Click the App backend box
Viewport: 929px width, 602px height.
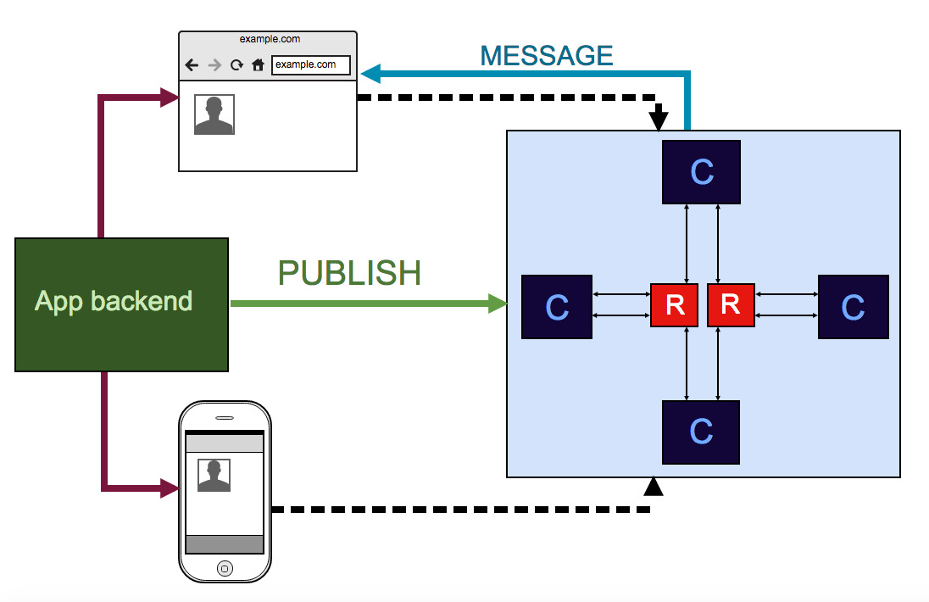pos(121,304)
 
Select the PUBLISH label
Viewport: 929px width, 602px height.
pos(349,273)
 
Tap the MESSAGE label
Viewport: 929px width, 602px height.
pos(546,56)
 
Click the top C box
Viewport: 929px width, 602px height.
pos(701,172)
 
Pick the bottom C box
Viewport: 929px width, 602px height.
pos(701,432)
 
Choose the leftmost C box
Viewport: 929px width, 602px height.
pos(557,307)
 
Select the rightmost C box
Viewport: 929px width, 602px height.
pos(853,307)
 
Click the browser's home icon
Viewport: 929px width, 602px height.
pos(258,64)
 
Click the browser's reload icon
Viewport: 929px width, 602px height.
pos(236,64)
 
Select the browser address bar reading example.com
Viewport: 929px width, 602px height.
pos(310,64)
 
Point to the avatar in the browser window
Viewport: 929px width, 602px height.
pos(214,114)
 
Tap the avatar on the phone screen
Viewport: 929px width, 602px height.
pos(214,476)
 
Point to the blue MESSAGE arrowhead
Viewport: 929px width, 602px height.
pos(370,75)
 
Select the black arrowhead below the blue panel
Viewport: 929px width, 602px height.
pos(653,486)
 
